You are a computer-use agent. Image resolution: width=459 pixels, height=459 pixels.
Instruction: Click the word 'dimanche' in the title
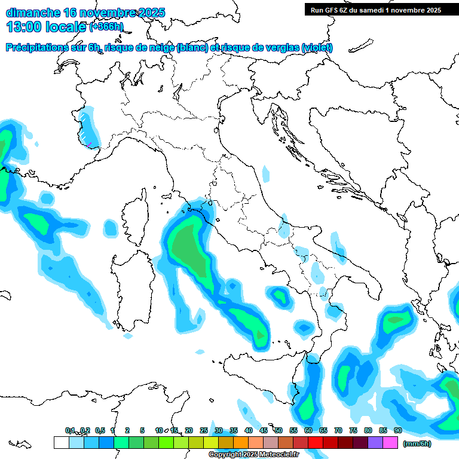pyautogui.click(x=33, y=12)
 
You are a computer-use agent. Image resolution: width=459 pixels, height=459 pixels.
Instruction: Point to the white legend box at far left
pyautogui.click(x=61, y=442)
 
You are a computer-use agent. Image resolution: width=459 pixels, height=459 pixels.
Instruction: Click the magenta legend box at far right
pyautogui.click(x=390, y=442)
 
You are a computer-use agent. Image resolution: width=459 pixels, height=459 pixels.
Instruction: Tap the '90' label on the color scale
pyautogui.click(x=397, y=430)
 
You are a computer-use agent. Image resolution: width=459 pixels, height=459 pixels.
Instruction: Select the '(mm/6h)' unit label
pyautogui.click(x=417, y=443)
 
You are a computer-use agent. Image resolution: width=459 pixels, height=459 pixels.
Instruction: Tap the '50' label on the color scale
pyautogui.click(x=279, y=430)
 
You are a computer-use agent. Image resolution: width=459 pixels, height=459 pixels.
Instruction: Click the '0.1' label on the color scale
pyautogui.click(x=71, y=430)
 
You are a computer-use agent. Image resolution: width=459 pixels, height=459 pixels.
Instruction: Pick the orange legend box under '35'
pyautogui.click(x=241, y=442)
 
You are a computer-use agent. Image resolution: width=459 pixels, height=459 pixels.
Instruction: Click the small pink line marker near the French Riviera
pyautogui.click(x=88, y=144)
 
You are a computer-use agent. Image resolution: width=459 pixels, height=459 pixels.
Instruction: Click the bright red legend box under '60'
pyautogui.click(x=316, y=442)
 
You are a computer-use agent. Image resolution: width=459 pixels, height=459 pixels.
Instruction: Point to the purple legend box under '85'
pyautogui.click(x=375, y=442)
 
